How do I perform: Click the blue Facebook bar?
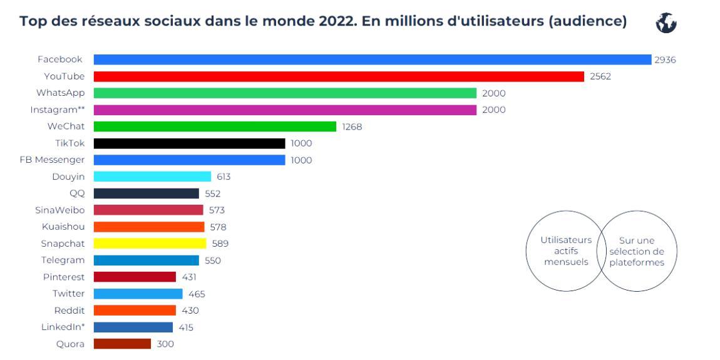pyautogui.click(x=373, y=59)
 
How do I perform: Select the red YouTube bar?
pyautogui.click(x=339, y=76)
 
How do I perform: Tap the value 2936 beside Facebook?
pyautogui.click(x=665, y=59)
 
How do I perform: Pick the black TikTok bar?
pyautogui.click(x=189, y=143)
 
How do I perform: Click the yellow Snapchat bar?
pyautogui.click(x=150, y=244)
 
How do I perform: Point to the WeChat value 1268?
pyautogui.click(x=352, y=126)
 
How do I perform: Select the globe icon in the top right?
pyautogui.click(x=666, y=23)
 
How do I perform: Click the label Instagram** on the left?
pyautogui.click(x=58, y=110)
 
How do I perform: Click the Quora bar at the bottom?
pyautogui.click(x=122, y=344)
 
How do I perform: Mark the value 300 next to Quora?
pyautogui.click(x=165, y=344)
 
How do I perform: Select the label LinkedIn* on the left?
pyautogui.click(x=63, y=327)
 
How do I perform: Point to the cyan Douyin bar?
pyautogui.click(x=152, y=177)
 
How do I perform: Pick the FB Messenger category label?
pyautogui.click(x=52, y=160)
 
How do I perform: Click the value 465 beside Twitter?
pyautogui.click(x=197, y=294)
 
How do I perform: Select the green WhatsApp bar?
pyautogui.click(x=285, y=93)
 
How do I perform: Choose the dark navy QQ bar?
pyautogui.click(x=146, y=193)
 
